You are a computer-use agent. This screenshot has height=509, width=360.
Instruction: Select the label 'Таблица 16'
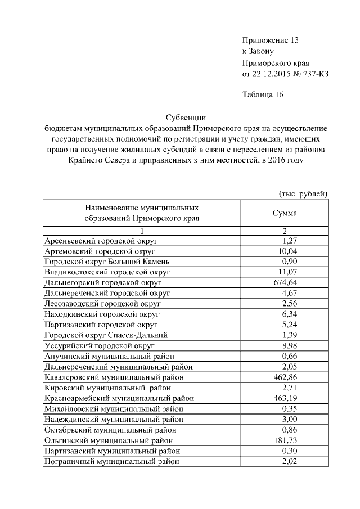[262, 94]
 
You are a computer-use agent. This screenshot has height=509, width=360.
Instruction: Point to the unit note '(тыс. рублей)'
[304, 193]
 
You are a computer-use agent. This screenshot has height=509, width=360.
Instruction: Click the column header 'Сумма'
[285, 214]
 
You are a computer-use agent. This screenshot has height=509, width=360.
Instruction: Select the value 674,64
[285, 282]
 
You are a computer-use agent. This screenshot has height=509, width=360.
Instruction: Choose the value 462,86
[285, 377]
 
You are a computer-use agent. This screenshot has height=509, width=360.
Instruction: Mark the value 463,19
[285, 398]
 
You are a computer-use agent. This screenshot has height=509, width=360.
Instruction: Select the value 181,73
[285, 440]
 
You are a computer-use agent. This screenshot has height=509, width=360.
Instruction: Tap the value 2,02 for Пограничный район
[289, 462]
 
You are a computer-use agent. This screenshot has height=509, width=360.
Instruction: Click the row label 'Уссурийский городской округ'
[98, 345]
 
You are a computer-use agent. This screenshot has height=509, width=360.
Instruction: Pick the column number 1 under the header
[142, 231]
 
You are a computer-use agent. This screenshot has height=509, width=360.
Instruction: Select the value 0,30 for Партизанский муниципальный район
[289, 451]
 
